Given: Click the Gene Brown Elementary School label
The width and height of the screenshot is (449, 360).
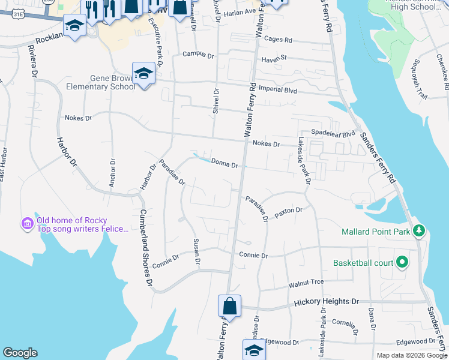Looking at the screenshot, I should pos(113,82).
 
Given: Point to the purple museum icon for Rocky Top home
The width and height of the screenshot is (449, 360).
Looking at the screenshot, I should pos(27,224).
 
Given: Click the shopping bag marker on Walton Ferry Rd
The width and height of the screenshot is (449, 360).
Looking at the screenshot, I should pos(229,306).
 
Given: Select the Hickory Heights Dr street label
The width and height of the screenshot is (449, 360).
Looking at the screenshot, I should pos(326,303).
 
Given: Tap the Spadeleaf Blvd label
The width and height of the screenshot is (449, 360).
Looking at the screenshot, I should pos(333,133).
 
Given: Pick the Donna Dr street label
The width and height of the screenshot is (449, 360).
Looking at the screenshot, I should pos(224,163).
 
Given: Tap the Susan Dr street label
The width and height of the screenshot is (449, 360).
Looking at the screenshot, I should pos(196,251).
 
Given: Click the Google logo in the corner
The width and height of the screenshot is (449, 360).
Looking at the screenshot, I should pos(20,353).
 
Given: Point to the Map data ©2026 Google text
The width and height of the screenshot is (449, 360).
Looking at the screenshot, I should pos(411,355).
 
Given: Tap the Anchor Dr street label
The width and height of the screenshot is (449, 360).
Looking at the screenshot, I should pos(112,173).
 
